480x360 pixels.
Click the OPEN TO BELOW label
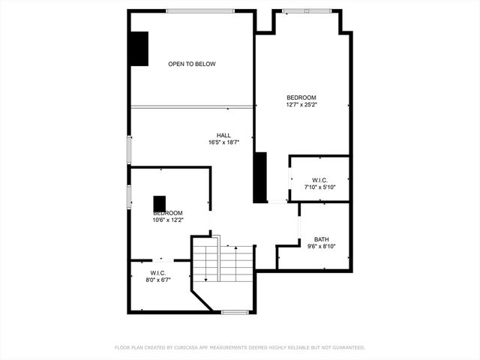click(191, 64)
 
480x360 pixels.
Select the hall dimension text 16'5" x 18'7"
click(223, 142)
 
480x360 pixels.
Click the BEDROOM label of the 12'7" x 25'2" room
click(301, 97)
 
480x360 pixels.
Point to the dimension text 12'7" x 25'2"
click(301, 105)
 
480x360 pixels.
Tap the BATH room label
click(321, 239)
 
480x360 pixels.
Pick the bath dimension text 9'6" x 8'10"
click(321, 246)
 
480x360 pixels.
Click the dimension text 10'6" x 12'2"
click(167, 220)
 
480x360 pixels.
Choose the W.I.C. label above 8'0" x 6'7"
click(157, 273)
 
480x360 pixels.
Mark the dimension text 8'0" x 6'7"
click(157, 280)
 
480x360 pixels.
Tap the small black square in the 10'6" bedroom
click(160, 203)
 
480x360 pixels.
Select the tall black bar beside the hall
click(260, 178)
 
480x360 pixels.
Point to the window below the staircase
click(235, 311)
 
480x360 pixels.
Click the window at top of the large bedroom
click(306, 11)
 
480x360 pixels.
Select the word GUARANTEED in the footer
click(346, 348)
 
